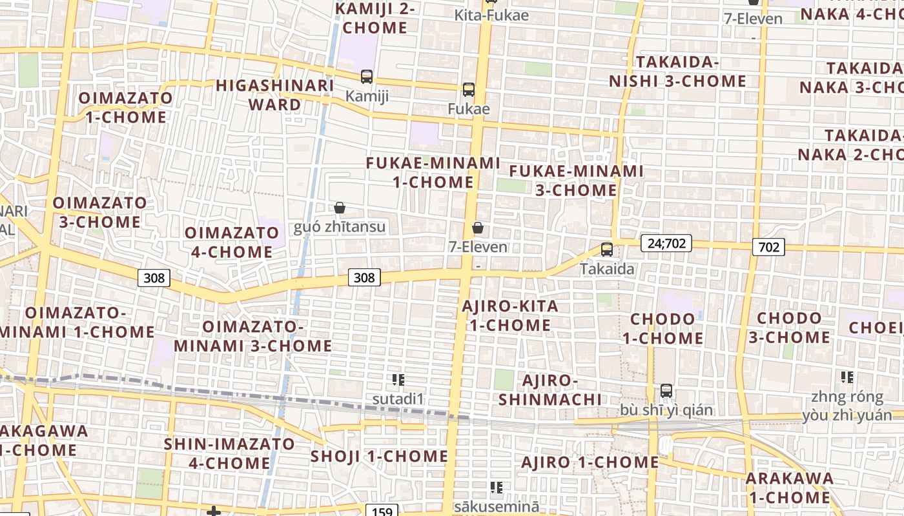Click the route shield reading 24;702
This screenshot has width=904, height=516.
coord(666,243)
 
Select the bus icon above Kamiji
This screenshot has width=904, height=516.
coord(367,77)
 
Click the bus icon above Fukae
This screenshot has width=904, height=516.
coord(469,90)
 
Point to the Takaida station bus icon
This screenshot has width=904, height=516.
coord(607,250)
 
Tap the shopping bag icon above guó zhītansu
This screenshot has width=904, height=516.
coord(340,208)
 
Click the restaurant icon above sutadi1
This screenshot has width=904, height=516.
coord(398,379)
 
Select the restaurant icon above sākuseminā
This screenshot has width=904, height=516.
coord(496,487)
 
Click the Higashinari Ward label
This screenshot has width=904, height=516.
coord(274,95)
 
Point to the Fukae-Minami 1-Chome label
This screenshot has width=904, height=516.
coord(433,172)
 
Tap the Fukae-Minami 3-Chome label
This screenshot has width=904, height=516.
coord(576,181)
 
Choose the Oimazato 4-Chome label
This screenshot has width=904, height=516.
coord(231,242)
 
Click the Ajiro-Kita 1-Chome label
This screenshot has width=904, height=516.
coord(510,315)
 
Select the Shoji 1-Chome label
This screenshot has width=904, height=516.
coord(379,456)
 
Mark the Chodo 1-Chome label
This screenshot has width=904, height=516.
coord(663,328)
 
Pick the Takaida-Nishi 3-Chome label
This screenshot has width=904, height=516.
coord(678,72)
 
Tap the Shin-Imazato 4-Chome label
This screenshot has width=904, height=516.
coord(229,453)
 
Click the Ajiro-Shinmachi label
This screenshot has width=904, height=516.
coord(550,390)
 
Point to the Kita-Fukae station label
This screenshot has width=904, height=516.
coord(491,15)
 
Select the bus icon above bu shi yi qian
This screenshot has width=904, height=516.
coord(666,391)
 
